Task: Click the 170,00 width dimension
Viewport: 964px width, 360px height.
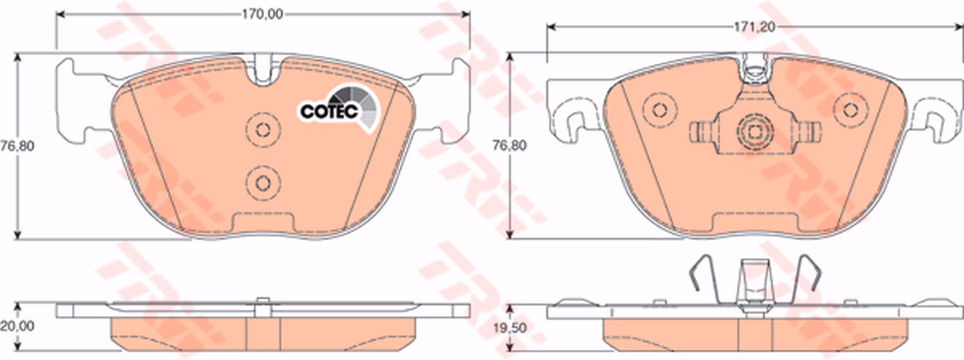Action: tap(262, 14)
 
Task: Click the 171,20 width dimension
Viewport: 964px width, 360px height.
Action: tap(755, 27)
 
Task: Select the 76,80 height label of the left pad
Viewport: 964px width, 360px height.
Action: tap(17, 146)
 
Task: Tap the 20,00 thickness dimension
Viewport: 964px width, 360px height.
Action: tap(17, 326)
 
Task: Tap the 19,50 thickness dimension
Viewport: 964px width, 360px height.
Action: tap(509, 328)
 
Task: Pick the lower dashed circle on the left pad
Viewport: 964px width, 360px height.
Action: tap(263, 183)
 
